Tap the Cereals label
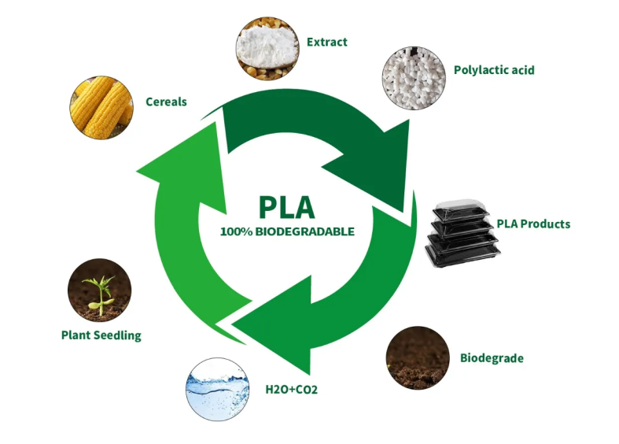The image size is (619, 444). pyautogui.click(x=166, y=102)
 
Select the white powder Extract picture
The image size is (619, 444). pyautogui.click(x=267, y=48)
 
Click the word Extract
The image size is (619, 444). pyautogui.click(x=327, y=42)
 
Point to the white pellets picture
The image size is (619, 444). pyautogui.click(x=414, y=75)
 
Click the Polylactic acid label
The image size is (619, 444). pyautogui.click(x=494, y=70)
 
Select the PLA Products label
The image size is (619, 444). pyautogui.click(x=532, y=224)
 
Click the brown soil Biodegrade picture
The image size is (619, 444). pyautogui.click(x=418, y=357)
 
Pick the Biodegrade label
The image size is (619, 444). pyautogui.click(x=492, y=358)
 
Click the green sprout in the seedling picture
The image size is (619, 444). pyautogui.click(x=98, y=287)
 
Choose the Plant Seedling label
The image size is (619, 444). pyautogui.click(x=101, y=335)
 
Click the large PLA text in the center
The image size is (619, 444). pyautogui.click(x=286, y=206)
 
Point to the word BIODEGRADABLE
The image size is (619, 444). pyautogui.click(x=305, y=232)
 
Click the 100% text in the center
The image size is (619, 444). pyautogui.click(x=236, y=232)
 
